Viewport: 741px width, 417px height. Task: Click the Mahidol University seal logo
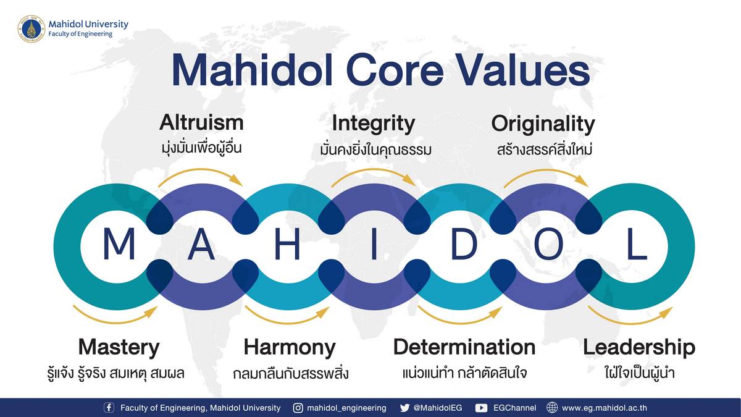click(x=31, y=29)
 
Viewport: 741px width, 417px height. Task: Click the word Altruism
click(x=201, y=122)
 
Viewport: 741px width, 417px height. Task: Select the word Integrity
click(x=374, y=124)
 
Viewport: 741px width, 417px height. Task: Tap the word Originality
click(x=543, y=124)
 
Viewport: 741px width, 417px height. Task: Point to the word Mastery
click(x=119, y=348)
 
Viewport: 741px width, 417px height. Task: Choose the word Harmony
click(x=290, y=348)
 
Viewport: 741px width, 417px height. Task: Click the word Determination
click(x=464, y=347)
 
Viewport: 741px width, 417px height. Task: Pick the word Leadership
click(x=639, y=348)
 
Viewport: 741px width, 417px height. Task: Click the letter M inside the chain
click(x=119, y=243)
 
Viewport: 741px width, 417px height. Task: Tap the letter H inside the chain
click(x=288, y=243)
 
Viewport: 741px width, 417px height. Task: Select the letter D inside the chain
click(x=464, y=243)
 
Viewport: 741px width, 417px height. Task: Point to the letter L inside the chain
click(x=637, y=243)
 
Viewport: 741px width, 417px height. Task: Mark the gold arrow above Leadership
click(x=630, y=322)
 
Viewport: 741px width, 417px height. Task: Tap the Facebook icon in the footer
click(x=109, y=407)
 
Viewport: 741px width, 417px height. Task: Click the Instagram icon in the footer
click(x=298, y=408)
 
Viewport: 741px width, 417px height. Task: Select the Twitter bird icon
click(x=404, y=408)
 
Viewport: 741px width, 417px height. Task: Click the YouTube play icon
click(x=481, y=408)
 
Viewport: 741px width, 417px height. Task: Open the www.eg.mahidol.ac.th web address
click(x=605, y=408)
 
